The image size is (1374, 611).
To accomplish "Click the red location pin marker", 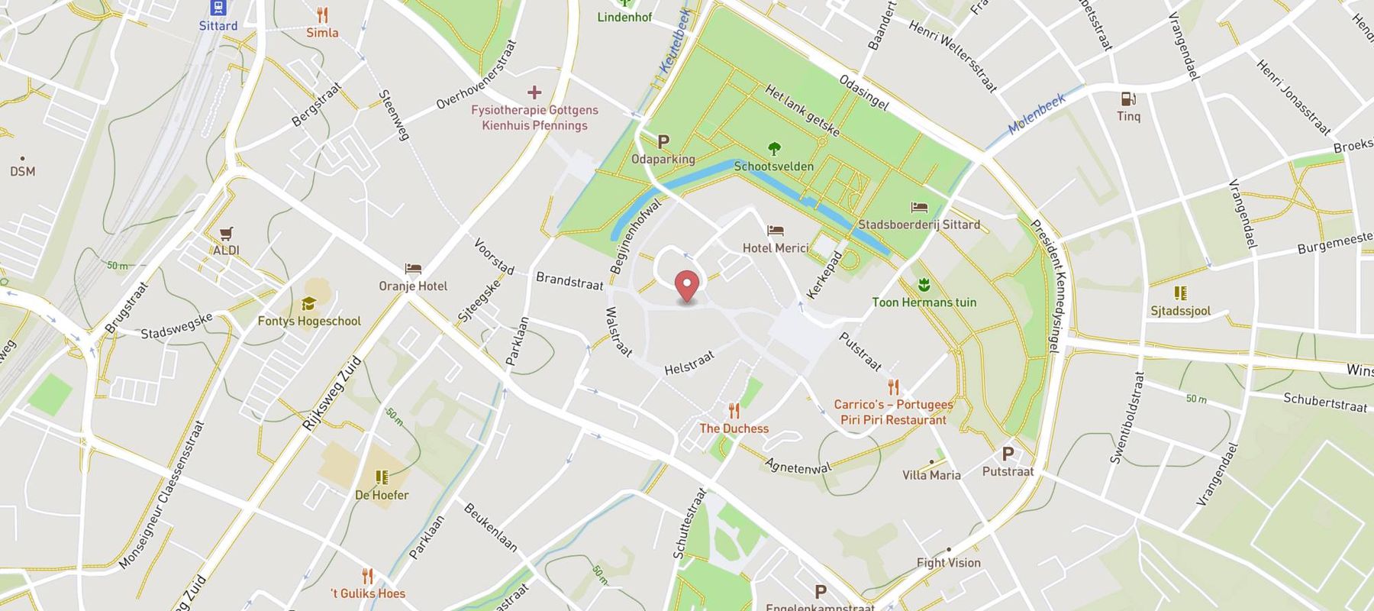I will click(688, 287).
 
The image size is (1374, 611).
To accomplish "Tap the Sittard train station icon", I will click(218, 8).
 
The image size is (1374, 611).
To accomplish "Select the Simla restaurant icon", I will click(322, 15).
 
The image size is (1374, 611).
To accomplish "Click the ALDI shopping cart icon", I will click(226, 233).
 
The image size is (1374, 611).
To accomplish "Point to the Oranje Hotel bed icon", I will click(413, 269).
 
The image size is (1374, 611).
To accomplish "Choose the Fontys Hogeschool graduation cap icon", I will click(308, 303).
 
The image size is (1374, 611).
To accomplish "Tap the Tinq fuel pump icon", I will click(1128, 99).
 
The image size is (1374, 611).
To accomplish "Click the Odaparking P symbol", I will click(663, 141).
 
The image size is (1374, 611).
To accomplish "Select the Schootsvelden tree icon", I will click(774, 148).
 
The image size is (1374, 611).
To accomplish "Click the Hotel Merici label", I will click(775, 247).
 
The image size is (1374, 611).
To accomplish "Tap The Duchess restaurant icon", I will click(734, 411).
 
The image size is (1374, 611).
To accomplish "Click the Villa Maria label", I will click(931, 475).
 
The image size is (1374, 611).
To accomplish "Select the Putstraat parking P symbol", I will click(1008, 454).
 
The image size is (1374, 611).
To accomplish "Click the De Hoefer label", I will click(382, 495).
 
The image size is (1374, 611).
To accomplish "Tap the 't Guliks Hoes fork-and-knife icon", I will click(367, 576).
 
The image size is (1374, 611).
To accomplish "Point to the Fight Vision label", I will click(948, 563).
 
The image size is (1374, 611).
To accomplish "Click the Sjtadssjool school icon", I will click(1180, 293).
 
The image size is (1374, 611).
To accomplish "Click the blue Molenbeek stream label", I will click(1036, 115).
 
